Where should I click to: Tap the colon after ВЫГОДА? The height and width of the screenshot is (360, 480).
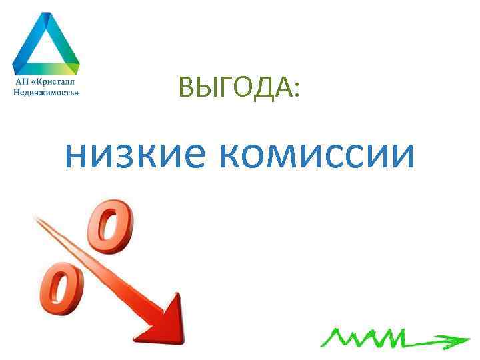point(296,89)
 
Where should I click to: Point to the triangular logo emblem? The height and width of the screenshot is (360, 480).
point(45,43)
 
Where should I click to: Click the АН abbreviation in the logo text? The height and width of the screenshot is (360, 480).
point(21,81)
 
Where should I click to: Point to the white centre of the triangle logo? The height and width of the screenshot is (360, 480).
point(45,47)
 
